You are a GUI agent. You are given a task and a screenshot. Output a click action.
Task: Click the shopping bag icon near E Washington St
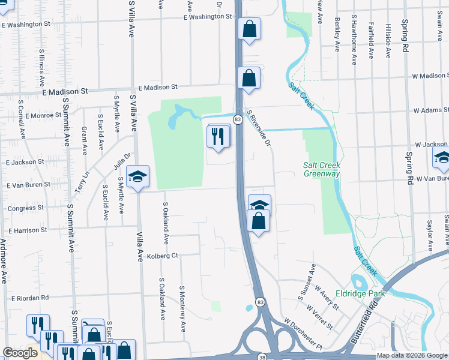coord(249,28)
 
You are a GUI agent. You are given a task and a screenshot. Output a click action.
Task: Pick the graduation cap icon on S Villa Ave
coord(138,176)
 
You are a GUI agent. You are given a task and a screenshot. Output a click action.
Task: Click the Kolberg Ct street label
coord(163,255)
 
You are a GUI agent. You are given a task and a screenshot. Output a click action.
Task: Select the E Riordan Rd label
coord(29,298)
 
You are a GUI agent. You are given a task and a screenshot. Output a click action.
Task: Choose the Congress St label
coord(25,208)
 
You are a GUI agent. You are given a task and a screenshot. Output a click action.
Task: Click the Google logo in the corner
coord(20,353)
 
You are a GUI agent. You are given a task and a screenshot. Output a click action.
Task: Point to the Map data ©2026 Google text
coord(412,356)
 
